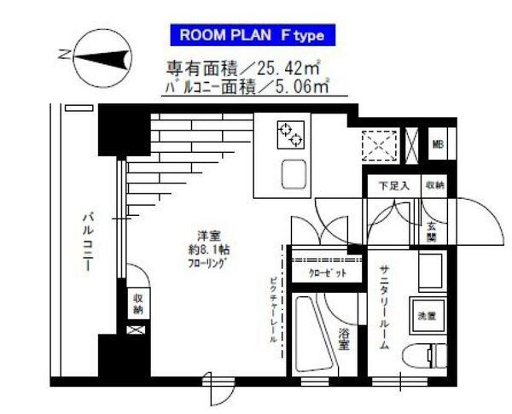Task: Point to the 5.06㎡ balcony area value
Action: click(x=299, y=85)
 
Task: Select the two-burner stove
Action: click(x=290, y=133)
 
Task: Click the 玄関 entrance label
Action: click(x=432, y=232)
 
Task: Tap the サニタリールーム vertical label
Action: click(x=384, y=307)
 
